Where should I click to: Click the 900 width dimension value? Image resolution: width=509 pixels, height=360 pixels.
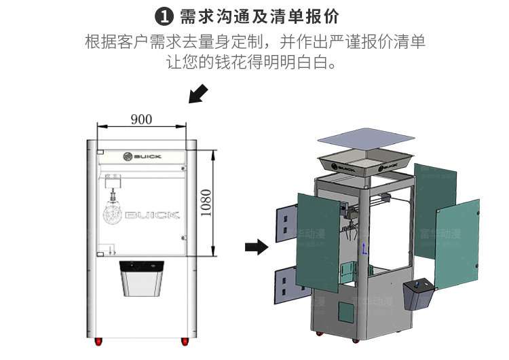(x=140, y=120)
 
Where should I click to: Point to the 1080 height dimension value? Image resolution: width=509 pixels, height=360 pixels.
(x=206, y=202)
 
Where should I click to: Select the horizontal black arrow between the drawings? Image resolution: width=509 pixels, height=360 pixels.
(x=256, y=247)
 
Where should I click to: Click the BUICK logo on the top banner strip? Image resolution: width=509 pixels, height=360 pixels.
(x=143, y=156)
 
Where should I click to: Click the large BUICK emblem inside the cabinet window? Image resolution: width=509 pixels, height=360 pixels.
(x=141, y=215)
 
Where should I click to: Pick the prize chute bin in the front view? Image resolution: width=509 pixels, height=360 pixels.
(x=142, y=278)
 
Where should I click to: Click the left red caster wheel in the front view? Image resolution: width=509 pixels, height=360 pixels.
(x=98, y=339)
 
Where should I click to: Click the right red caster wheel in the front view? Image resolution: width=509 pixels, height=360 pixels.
(x=184, y=339)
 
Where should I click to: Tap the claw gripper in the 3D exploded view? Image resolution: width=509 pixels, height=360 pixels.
(x=350, y=228)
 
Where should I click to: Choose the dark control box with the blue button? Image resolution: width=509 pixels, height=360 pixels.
(x=419, y=295)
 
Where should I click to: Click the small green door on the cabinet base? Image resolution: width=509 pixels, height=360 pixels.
(x=345, y=312)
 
